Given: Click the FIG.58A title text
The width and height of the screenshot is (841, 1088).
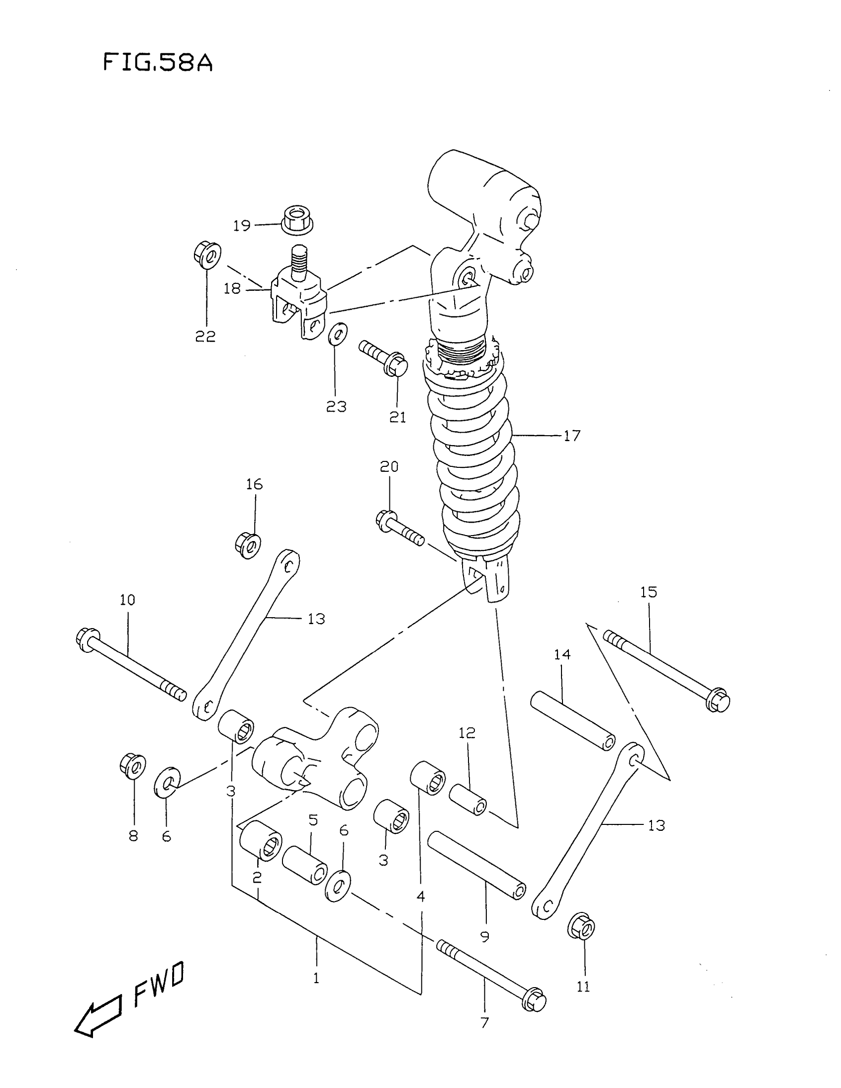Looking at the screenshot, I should pyautogui.click(x=157, y=63).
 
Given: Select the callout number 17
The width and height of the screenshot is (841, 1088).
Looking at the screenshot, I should pyautogui.click(x=572, y=436).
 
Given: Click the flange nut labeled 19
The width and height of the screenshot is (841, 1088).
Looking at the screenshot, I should pyautogui.click(x=297, y=221).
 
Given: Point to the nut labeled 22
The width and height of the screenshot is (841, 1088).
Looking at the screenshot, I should pyautogui.click(x=207, y=255).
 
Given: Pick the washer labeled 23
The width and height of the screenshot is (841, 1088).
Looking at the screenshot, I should pyautogui.click(x=338, y=333).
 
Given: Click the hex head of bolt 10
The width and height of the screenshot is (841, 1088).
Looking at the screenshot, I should pyautogui.click(x=87, y=637).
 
